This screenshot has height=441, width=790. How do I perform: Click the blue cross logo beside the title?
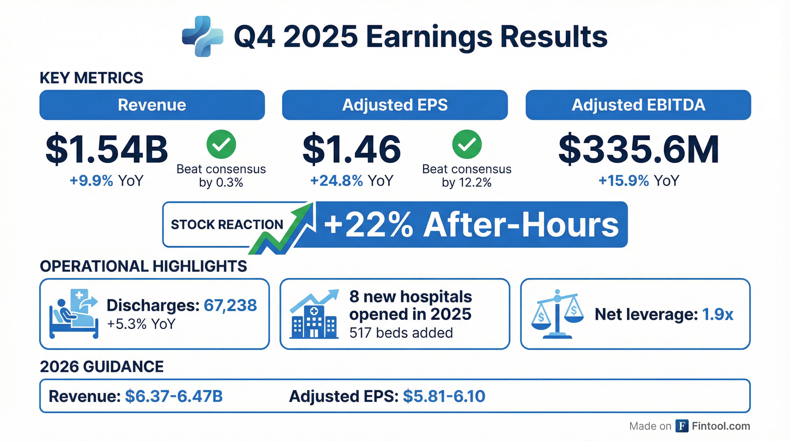(203, 36)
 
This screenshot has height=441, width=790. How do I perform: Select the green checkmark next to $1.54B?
(221, 144)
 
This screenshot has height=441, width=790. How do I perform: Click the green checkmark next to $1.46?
(467, 144)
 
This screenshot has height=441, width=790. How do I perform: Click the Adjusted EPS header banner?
(395, 105)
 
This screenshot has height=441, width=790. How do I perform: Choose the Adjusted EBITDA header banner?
(638, 105)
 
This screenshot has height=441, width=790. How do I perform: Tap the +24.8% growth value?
(337, 181)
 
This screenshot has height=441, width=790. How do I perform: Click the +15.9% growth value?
(624, 181)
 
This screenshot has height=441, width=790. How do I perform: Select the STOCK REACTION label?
(227, 225)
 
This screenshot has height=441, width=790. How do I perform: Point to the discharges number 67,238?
(230, 305)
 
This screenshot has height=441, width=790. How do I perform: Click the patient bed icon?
(74, 314)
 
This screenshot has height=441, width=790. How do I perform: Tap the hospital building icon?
(314, 314)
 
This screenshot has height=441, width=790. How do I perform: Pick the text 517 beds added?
(401, 333)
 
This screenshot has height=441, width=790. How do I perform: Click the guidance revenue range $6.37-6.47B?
(174, 396)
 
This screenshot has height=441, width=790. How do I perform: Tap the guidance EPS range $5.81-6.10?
(444, 396)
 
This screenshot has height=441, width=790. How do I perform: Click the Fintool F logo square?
(682, 426)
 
